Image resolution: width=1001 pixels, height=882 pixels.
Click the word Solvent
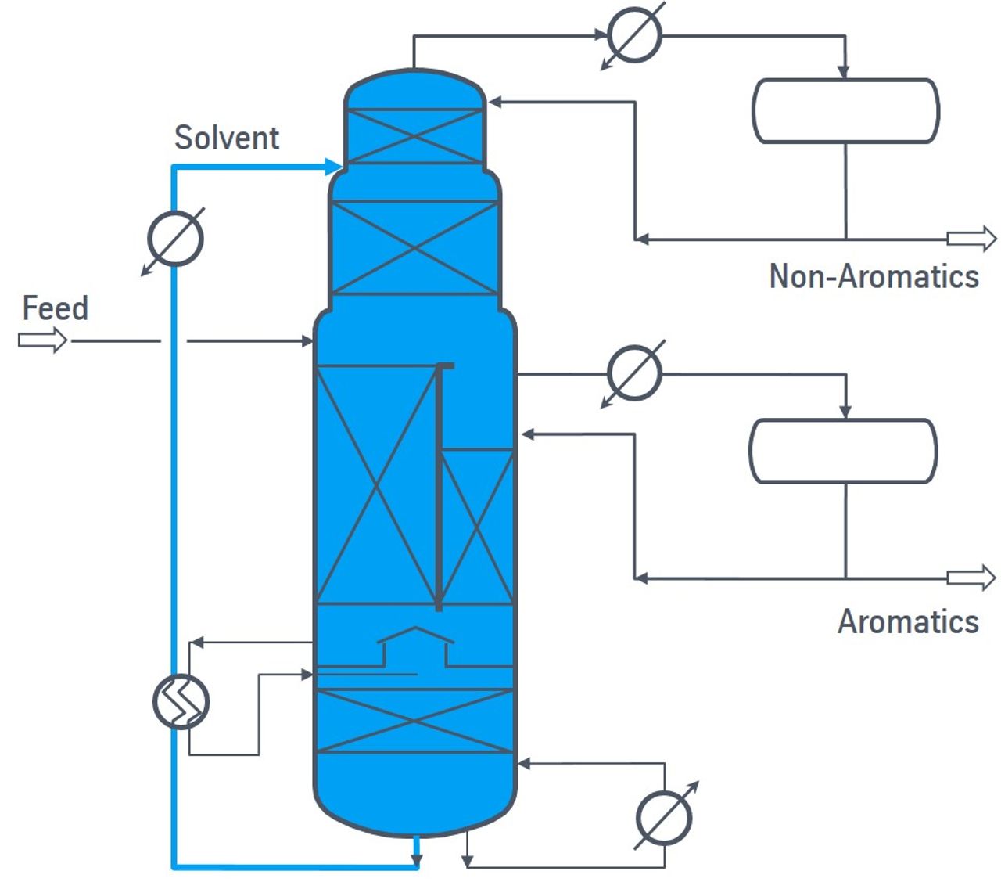tap(227, 138)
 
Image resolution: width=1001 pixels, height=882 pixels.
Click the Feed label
tap(56, 308)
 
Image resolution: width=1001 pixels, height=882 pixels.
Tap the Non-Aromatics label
tap(874, 276)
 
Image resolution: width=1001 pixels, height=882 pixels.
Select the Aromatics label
tap(908, 621)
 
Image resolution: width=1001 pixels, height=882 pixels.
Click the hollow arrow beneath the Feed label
tap(42, 340)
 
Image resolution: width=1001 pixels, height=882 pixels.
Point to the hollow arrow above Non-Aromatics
tap(971, 239)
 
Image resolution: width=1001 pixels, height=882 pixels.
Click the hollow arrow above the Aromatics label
tap(971, 578)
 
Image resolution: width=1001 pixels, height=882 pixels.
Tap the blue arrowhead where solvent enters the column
tap(333, 167)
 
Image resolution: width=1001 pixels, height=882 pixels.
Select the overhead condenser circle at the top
tap(634, 34)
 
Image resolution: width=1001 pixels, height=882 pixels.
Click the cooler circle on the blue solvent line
tap(175, 238)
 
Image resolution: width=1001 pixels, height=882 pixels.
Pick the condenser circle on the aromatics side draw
tap(634, 373)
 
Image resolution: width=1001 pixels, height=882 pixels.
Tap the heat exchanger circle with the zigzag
tap(181, 701)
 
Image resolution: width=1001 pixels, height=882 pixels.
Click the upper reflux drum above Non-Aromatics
tap(845, 111)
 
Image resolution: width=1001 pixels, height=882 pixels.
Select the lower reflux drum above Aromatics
tap(843, 451)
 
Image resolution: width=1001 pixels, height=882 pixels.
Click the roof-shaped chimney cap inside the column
tap(415, 635)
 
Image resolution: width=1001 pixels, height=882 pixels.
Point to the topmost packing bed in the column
tap(415, 136)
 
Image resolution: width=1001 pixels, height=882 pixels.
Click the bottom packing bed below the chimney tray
tap(415, 722)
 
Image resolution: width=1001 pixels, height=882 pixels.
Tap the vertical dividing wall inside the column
tap(439, 487)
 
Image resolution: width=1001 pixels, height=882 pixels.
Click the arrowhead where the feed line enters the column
tap(307, 340)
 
